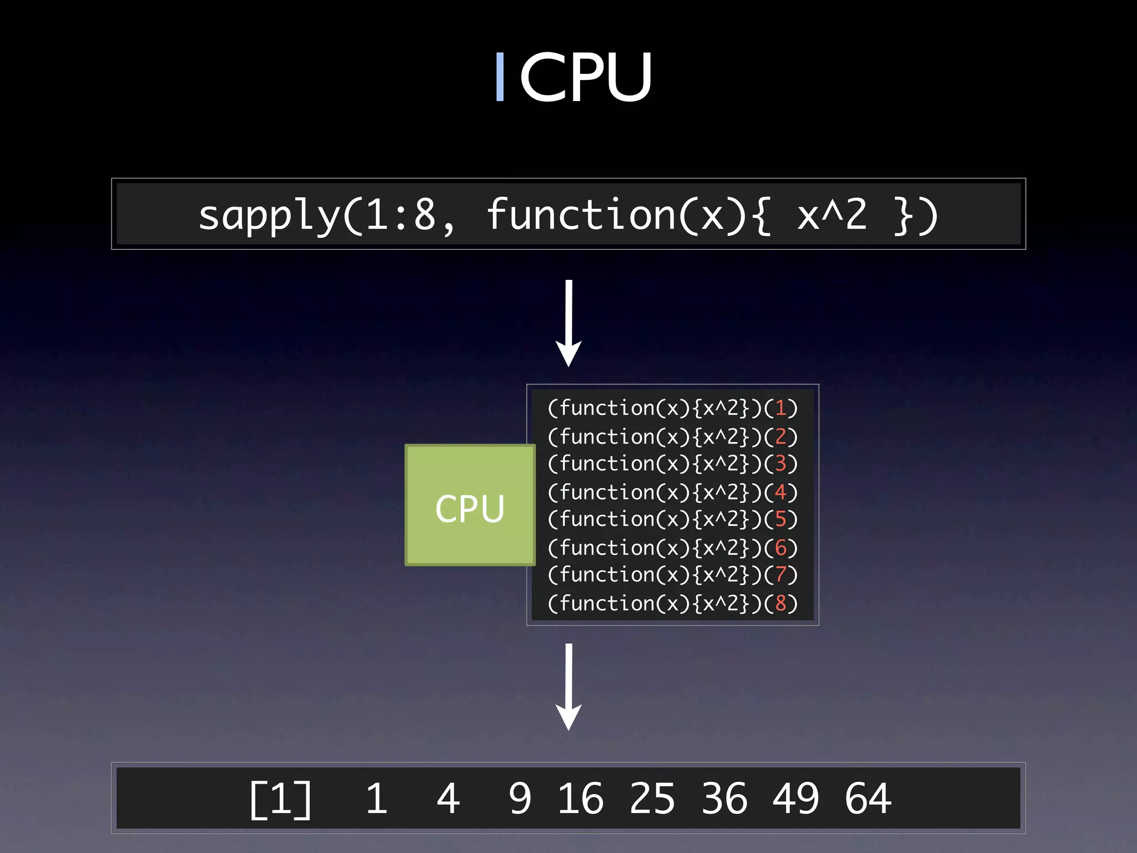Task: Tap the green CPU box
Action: coord(470,505)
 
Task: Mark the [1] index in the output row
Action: coord(280,799)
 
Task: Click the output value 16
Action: coord(580,799)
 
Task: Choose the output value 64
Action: coord(868,799)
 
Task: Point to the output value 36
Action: coord(724,799)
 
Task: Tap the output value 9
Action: coord(520,799)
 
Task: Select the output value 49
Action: coord(796,799)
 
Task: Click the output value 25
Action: coord(652,799)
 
